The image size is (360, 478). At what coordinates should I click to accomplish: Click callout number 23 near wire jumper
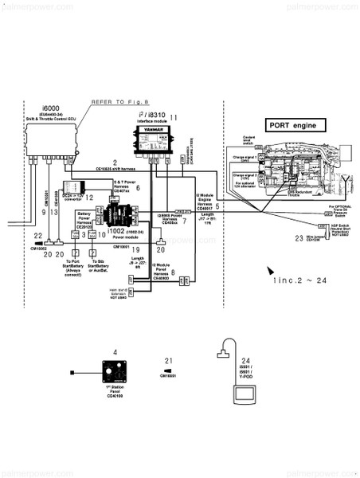coord(299,237)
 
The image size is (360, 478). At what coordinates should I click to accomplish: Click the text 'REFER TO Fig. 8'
coord(119,102)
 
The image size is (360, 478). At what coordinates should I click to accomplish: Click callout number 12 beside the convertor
coord(90,197)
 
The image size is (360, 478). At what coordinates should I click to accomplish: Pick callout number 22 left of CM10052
coord(37,235)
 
